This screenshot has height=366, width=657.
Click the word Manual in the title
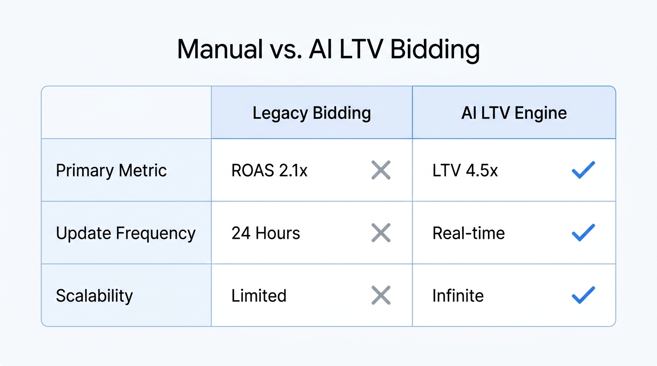click(x=220, y=50)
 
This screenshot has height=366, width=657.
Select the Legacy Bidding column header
click(x=311, y=113)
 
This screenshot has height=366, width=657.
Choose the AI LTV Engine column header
click(x=514, y=113)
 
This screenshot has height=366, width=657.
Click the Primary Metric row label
click(x=111, y=171)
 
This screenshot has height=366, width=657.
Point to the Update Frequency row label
click(x=126, y=233)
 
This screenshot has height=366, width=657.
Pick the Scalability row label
click(x=94, y=295)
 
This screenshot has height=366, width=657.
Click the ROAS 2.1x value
click(x=269, y=171)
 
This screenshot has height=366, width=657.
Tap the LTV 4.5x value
click(x=465, y=171)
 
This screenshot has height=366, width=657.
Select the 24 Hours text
click(x=265, y=233)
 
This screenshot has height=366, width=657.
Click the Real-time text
click(x=468, y=233)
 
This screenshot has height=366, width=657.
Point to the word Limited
click(x=259, y=295)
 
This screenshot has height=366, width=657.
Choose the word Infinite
click(x=458, y=295)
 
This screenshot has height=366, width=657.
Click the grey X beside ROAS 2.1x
click(x=381, y=170)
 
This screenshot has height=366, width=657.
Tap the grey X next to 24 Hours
click(x=381, y=233)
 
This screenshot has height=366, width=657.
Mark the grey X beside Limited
click(x=381, y=295)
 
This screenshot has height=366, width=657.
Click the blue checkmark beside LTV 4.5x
click(x=583, y=170)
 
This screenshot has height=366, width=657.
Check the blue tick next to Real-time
click(x=583, y=233)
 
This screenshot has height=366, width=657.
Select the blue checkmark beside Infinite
click(x=583, y=295)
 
